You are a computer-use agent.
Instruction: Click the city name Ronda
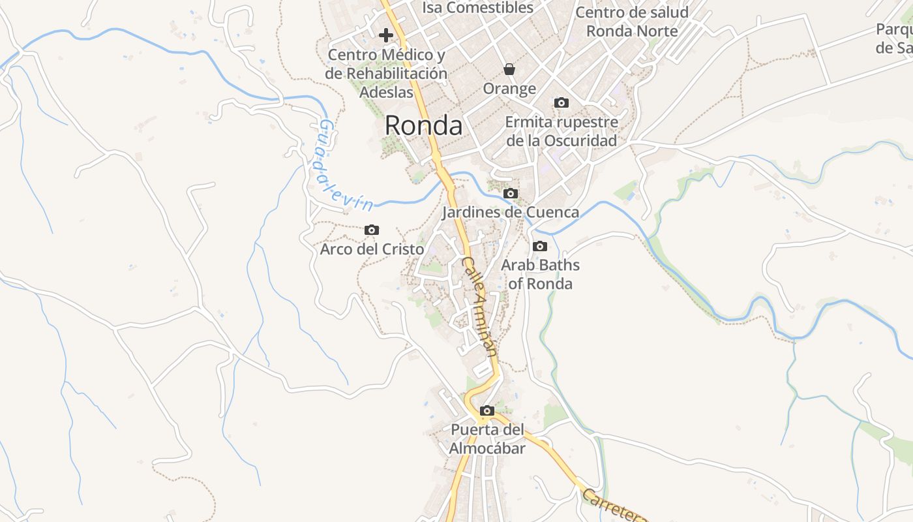(x=423, y=125)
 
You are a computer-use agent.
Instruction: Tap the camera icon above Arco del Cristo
(x=372, y=230)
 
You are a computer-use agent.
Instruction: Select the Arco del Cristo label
(x=372, y=249)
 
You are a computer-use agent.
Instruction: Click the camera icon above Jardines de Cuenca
(x=511, y=193)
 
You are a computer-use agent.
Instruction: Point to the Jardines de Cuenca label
(x=511, y=212)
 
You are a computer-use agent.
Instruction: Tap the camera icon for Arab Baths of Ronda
(x=540, y=246)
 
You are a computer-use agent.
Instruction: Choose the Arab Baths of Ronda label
(x=540, y=274)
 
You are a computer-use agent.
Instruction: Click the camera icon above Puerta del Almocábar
(x=487, y=410)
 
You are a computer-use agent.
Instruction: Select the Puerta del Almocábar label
(x=487, y=439)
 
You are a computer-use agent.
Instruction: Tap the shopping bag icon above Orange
(x=509, y=69)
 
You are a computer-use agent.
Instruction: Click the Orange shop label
(x=509, y=88)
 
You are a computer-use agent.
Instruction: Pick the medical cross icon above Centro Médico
(x=386, y=35)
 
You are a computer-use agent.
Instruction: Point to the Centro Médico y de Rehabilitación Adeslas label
(x=386, y=73)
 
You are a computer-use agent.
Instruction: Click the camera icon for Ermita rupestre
(x=561, y=102)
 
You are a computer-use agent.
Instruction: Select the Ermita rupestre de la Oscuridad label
(x=561, y=131)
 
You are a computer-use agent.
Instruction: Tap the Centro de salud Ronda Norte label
(x=632, y=22)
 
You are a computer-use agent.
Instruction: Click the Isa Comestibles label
(x=478, y=8)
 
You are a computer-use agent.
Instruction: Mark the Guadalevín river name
(x=343, y=166)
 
